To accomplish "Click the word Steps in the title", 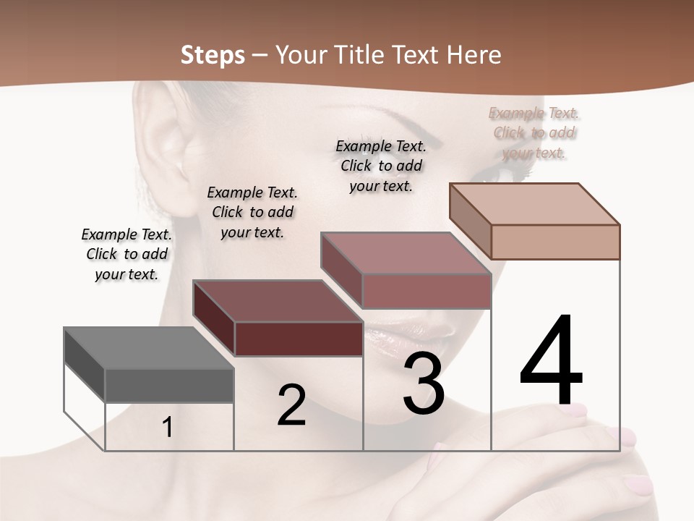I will click(212, 55).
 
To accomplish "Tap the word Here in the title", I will click(474, 55).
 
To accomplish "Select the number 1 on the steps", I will click(168, 428).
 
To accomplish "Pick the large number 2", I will click(291, 405).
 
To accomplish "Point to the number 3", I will click(424, 384).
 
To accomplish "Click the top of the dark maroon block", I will click(278, 301).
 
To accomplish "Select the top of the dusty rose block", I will click(406, 253).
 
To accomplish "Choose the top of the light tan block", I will click(534, 204).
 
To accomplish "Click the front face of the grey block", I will click(169, 386).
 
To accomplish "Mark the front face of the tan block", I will click(555, 242).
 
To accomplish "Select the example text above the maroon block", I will click(252, 212).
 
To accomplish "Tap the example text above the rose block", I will click(381, 166).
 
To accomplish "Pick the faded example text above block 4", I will click(534, 132).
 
